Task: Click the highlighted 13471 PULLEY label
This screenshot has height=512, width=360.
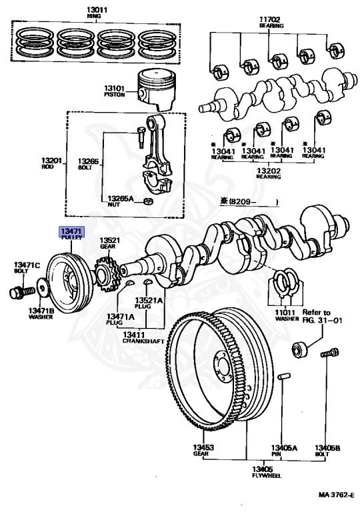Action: tap(71, 233)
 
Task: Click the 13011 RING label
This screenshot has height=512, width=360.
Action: tap(97, 13)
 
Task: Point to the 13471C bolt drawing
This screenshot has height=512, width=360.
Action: tap(22, 291)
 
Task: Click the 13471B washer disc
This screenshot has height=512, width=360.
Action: tap(43, 287)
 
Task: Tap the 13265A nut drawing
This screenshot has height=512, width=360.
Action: tap(148, 201)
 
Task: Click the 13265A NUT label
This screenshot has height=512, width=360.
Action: tap(121, 201)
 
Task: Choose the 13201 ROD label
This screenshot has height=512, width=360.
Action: tap(51, 163)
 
